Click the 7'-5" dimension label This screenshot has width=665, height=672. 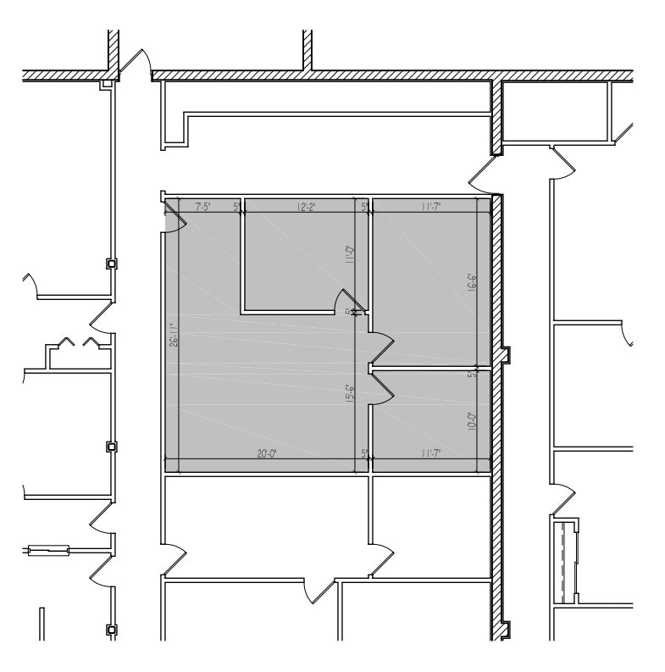point(202,206)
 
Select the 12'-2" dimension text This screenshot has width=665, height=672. point(308,206)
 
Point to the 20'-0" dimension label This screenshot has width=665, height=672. point(267,454)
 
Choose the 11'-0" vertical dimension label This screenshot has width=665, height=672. point(349,254)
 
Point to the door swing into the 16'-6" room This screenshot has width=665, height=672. point(382,343)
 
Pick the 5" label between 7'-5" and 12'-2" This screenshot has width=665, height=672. point(235,206)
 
